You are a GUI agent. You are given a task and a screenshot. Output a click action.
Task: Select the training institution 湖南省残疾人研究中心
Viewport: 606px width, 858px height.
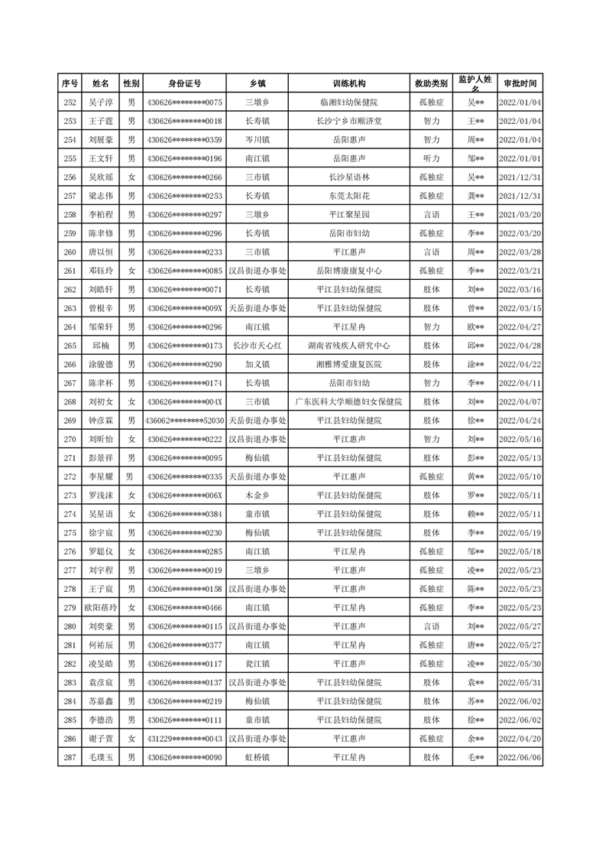349,346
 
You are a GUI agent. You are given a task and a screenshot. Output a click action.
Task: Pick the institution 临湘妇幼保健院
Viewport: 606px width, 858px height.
349,102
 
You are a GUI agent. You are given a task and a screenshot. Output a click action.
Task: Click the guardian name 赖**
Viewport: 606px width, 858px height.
475,514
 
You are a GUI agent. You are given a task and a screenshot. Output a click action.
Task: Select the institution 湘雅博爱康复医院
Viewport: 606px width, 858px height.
349,364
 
